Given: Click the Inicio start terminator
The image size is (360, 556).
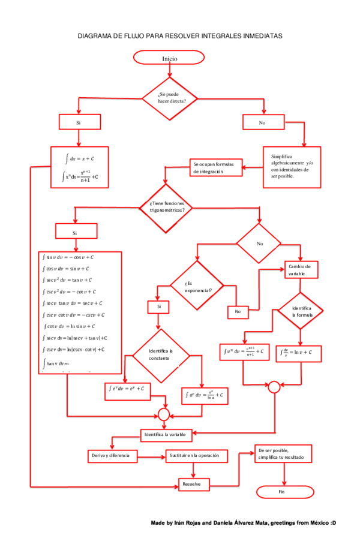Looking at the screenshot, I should click(x=170, y=58).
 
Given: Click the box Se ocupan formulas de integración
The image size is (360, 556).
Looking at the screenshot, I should click(x=217, y=167).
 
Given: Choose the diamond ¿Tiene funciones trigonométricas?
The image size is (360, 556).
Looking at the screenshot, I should click(x=170, y=208).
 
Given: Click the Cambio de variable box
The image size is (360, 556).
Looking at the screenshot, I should click(x=301, y=269).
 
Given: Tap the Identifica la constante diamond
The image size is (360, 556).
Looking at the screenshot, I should click(x=160, y=354).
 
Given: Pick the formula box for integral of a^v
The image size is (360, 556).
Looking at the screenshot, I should click(x=206, y=395).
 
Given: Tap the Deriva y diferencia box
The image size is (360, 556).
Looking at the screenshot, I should click(x=112, y=456).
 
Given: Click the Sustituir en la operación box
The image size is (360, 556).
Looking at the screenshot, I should click(x=197, y=456).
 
